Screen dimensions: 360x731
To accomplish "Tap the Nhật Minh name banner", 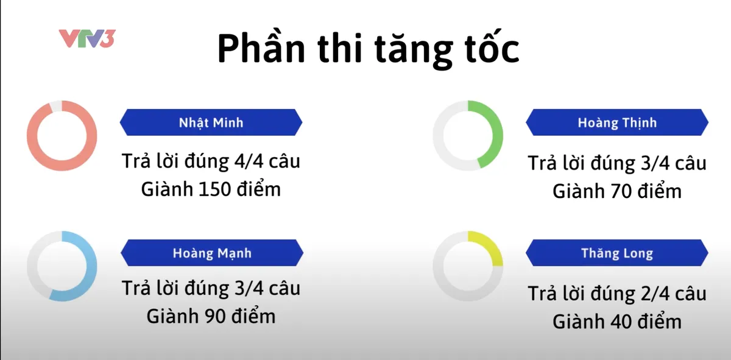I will [211, 122].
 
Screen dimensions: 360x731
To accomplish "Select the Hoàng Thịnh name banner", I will [617, 123].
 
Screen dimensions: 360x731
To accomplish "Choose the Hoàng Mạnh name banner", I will [211, 253].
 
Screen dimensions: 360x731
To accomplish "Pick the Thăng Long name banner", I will [617, 253].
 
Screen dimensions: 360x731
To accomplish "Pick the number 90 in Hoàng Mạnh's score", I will [214, 316].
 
